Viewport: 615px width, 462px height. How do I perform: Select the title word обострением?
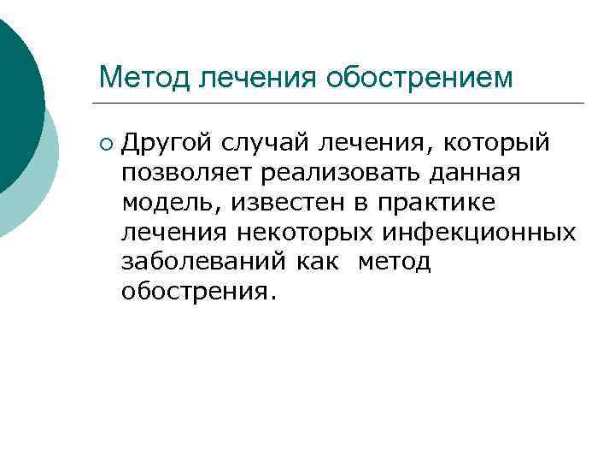(x=419, y=78)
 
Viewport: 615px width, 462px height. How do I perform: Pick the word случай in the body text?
(x=254, y=143)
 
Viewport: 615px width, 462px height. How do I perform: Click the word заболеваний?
(x=204, y=262)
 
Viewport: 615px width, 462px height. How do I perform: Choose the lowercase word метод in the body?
(x=394, y=262)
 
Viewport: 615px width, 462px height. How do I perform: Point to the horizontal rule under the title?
(x=342, y=104)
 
